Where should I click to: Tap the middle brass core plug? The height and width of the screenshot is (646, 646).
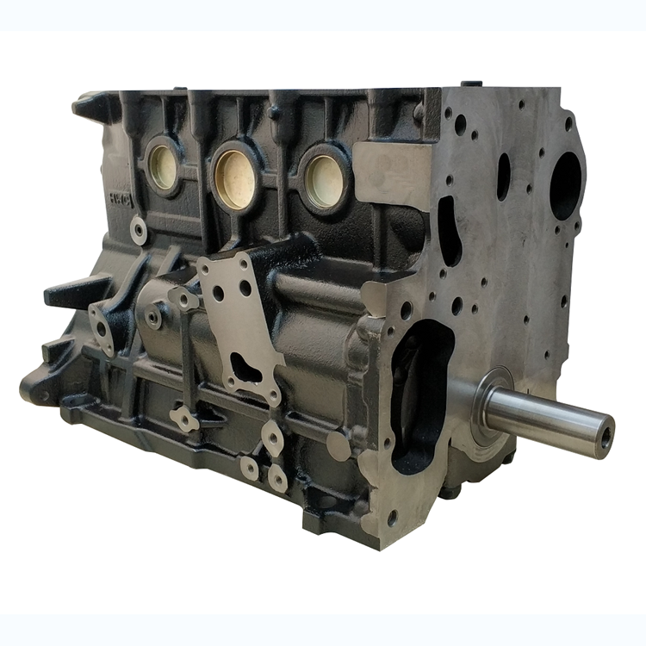[x=235, y=178]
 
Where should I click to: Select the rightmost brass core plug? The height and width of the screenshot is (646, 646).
[x=326, y=180]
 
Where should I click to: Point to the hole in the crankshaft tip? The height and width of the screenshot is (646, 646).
[x=606, y=436]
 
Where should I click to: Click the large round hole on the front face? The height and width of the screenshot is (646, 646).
[x=565, y=184]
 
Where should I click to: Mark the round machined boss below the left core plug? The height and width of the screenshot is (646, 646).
[x=138, y=230]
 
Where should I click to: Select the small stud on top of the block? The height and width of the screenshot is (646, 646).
[x=469, y=85]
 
